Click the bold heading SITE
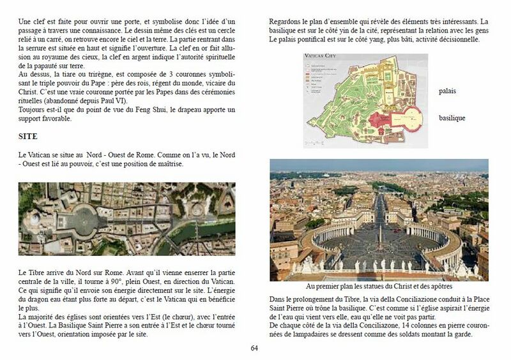click(x=28, y=137)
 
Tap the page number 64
click(x=254, y=348)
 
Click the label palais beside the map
click(x=447, y=91)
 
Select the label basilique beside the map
click(x=452, y=118)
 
